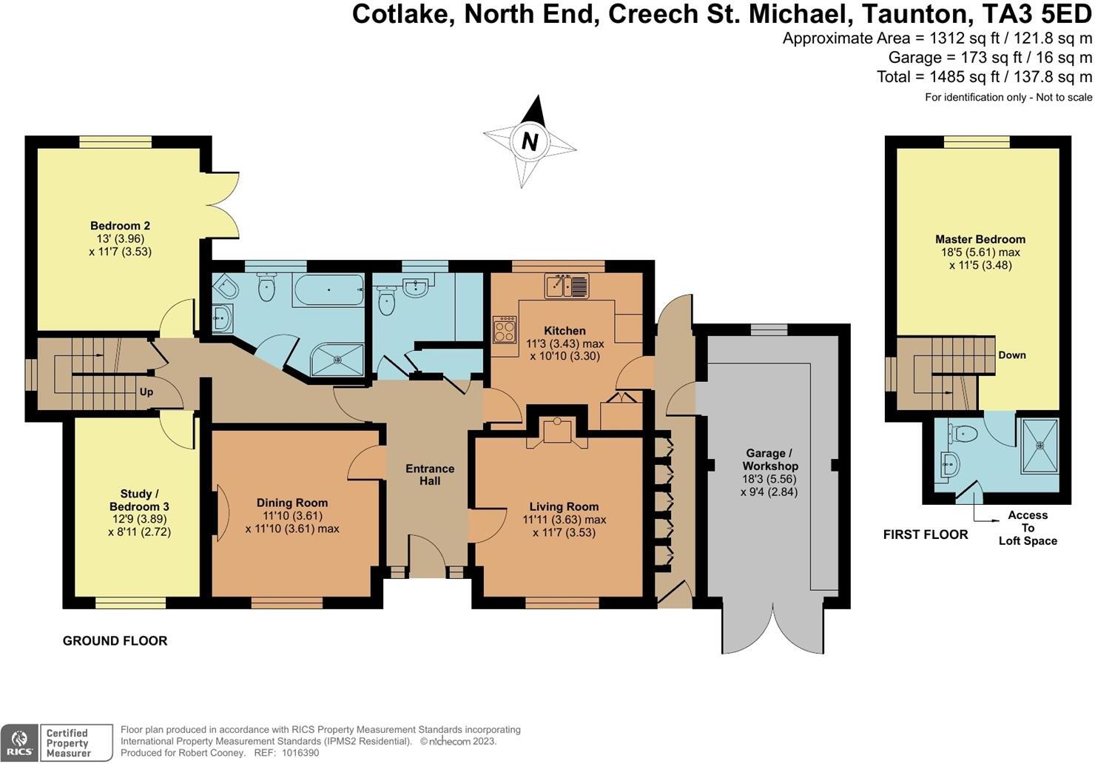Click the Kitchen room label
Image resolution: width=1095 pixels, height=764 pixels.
[565, 331]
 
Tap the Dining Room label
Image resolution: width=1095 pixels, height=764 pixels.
[292, 503]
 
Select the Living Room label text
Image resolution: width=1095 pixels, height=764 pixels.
[564, 507]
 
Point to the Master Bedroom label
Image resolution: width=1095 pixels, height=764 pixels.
[980, 239]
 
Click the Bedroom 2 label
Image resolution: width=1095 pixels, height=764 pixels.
[121, 226]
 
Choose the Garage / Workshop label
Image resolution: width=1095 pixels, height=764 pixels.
[770, 460]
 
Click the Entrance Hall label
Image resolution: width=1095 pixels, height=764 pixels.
[430, 475]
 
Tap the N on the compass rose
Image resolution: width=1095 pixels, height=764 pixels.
[529, 141]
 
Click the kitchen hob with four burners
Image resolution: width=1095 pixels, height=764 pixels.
[505, 329]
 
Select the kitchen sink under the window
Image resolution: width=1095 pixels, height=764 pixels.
[566, 285]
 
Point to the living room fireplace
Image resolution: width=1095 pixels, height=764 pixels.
[556, 431]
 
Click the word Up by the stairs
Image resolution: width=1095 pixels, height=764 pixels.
[146, 392]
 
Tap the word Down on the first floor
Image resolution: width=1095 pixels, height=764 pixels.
[1011, 355]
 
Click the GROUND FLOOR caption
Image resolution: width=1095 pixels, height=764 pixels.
[115, 641]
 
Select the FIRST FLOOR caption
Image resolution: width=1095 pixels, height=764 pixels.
[926, 535]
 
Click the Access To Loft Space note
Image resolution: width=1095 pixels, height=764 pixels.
[1028, 528]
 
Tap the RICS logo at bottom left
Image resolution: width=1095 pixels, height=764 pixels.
[20, 743]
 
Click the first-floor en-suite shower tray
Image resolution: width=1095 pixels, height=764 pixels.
[1040, 445]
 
